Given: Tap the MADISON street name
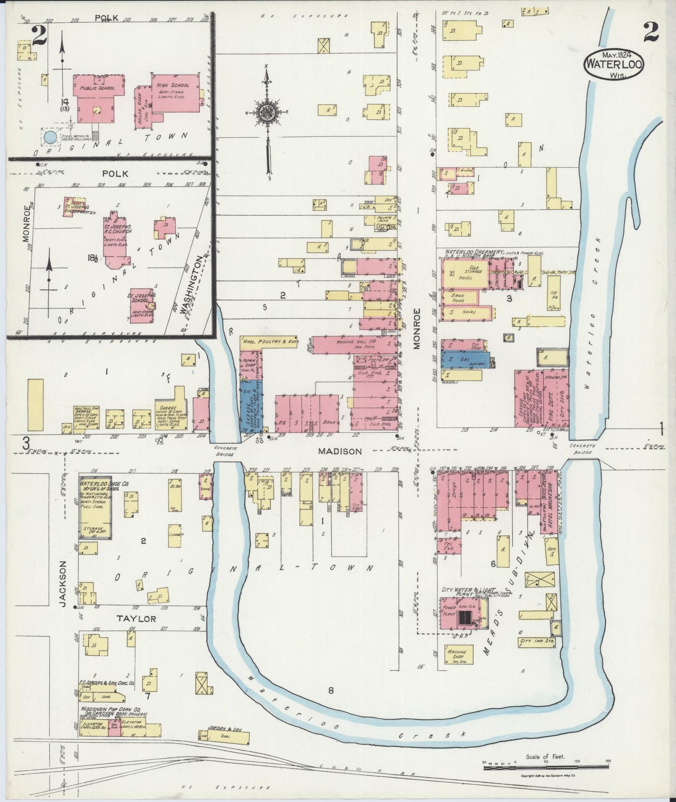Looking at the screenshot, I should click(340, 452).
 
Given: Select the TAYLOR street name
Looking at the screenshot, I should click(137, 619).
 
